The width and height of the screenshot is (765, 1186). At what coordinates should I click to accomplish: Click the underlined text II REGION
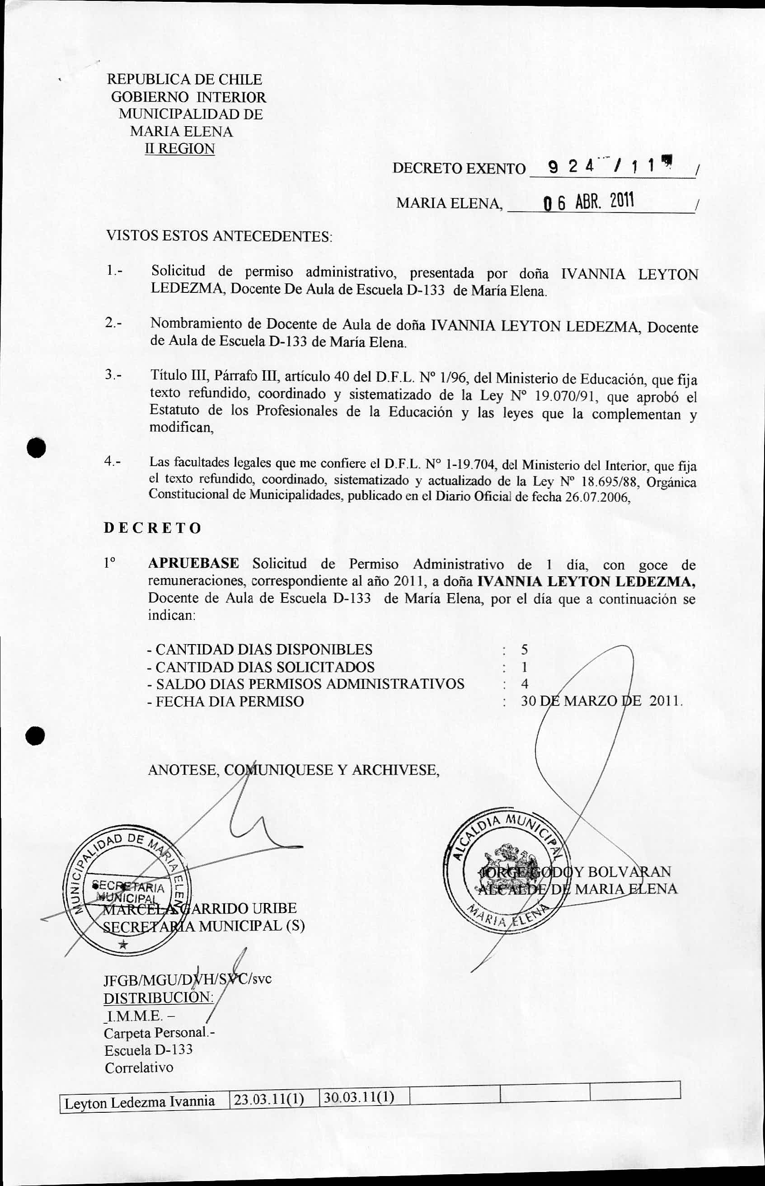click(179, 149)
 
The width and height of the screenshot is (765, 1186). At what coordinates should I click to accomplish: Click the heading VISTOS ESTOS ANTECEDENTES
click(219, 235)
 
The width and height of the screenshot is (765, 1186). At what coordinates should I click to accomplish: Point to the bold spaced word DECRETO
click(153, 527)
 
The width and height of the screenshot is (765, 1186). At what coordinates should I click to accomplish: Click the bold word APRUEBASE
click(193, 564)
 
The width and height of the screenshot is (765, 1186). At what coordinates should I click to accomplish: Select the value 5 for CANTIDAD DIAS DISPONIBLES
click(524, 649)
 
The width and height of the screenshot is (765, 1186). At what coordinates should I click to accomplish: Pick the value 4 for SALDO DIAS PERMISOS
click(524, 684)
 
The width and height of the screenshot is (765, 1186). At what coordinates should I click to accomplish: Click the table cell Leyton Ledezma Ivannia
click(140, 1101)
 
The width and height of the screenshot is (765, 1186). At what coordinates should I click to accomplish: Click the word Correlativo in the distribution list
click(139, 1067)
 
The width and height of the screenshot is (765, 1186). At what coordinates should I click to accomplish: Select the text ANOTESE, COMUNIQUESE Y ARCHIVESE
click(293, 770)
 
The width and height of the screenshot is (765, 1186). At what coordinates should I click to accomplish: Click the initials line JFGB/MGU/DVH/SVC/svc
click(187, 979)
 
